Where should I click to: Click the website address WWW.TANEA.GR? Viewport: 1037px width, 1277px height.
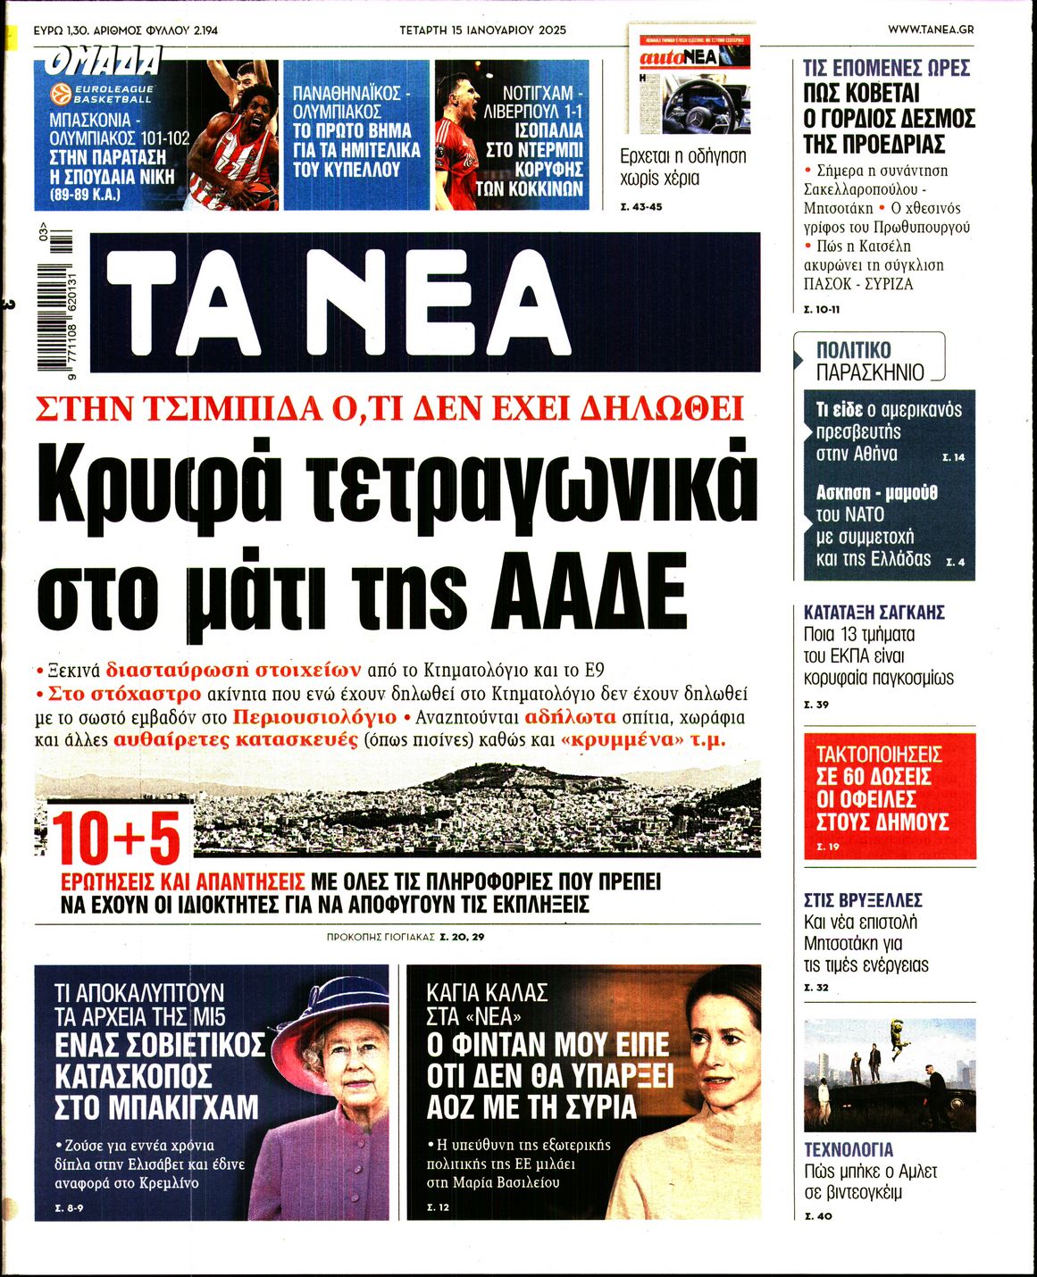(930, 29)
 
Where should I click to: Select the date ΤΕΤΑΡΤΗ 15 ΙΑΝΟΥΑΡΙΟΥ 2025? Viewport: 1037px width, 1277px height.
(482, 29)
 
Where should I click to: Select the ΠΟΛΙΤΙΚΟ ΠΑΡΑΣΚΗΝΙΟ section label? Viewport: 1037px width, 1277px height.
(866, 361)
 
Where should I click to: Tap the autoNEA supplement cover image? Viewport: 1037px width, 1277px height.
(690, 82)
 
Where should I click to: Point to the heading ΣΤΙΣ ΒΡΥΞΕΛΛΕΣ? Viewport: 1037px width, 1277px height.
(862, 900)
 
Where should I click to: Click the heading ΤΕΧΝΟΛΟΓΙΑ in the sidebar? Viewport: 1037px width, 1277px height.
(849, 1149)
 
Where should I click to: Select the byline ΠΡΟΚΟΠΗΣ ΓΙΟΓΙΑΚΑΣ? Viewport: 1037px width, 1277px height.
(380, 937)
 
